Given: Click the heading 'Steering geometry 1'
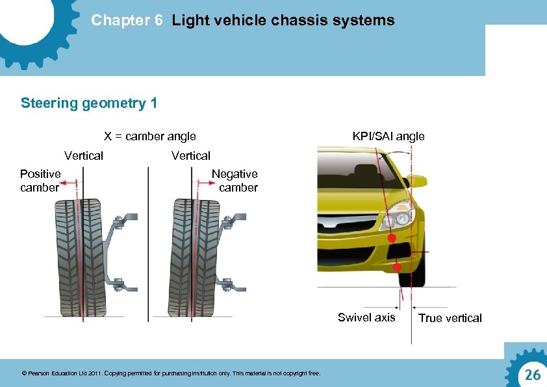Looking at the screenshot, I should coord(89,103).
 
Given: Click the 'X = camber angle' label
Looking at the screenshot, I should coord(150,136).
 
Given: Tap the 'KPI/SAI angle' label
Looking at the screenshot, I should coord(388,136).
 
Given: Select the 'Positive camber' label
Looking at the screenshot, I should coord(40,181).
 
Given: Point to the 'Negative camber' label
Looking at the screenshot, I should coord(235,181).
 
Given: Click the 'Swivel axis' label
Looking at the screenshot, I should coord(366,318).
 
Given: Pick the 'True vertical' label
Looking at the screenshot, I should coord(450,318).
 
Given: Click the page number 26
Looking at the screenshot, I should coord(532,375).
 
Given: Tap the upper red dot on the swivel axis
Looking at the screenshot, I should coord(392,239).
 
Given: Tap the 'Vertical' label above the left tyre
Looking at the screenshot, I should coord(84,156).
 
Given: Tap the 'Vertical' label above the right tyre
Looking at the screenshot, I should coord(191,156).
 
